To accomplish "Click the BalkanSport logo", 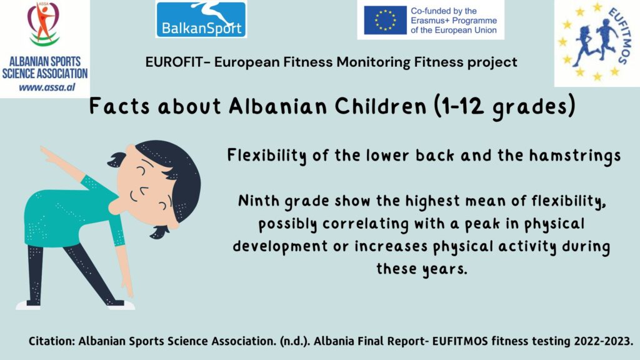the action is coord(201,19).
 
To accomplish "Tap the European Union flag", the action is coord(385,20).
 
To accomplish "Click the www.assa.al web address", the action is coord(47,87).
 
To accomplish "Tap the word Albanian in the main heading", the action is coord(277,106).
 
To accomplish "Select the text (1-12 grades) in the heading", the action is coord(504,107).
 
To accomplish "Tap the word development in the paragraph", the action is coord(280,246).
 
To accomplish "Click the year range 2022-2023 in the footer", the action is coord(603,341).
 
